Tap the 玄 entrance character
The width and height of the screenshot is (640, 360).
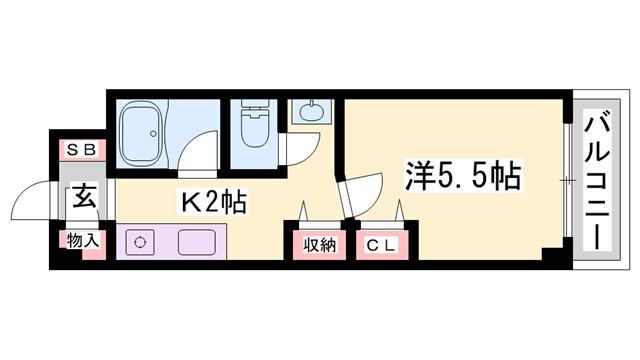[80, 196]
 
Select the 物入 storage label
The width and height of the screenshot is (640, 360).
[80, 240]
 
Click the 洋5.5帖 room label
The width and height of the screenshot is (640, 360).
[461, 176]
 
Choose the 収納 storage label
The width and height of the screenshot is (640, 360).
[320, 245]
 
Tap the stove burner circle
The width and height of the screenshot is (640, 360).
[139, 242]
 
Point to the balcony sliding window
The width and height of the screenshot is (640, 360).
[567, 180]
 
